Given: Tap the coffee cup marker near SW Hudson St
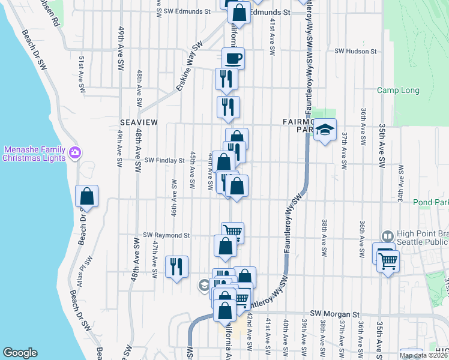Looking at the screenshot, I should pos(233,59).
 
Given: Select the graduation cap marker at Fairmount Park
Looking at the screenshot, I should pos(325,129).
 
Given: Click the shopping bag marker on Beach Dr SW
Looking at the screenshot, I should pos(87,196).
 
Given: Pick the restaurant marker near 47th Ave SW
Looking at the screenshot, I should pos(176,266).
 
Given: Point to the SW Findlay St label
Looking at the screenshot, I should pos(164,161).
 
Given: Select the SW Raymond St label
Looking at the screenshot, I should pos(166,236).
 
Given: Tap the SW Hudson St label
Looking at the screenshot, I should pos(355,52).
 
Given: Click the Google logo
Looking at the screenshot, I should pos(20,353).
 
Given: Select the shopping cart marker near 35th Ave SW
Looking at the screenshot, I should pos(388,262).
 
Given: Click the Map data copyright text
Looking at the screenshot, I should pos(423,355).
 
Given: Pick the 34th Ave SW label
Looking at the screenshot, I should pos(400,176).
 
